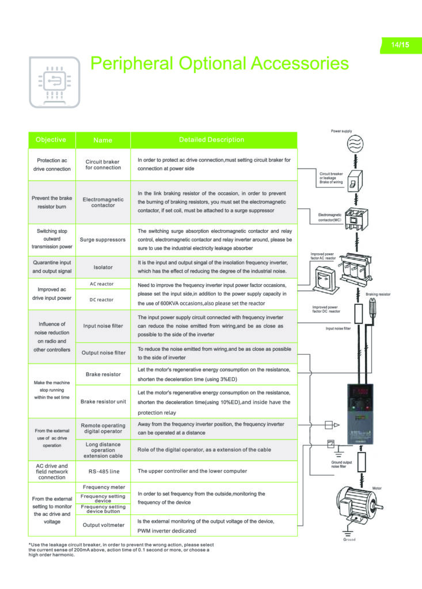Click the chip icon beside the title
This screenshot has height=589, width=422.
tap(55, 82)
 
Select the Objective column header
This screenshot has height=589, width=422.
tap(51, 140)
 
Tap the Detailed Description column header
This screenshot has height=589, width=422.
tap(211, 140)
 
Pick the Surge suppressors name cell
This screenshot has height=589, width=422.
tap(102, 239)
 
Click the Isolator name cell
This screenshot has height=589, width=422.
tap(103, 267)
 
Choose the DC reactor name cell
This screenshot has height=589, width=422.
tap(101, 300)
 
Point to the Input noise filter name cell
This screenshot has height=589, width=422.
tap(103, 326)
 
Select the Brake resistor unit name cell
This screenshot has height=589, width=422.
tap(103, 401)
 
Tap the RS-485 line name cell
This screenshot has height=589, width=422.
tap(103, 471)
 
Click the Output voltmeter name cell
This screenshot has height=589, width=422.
tap(103, 525)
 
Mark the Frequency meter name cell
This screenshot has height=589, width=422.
tap(103, 487)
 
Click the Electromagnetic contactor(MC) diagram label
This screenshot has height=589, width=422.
tap(331, 217)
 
